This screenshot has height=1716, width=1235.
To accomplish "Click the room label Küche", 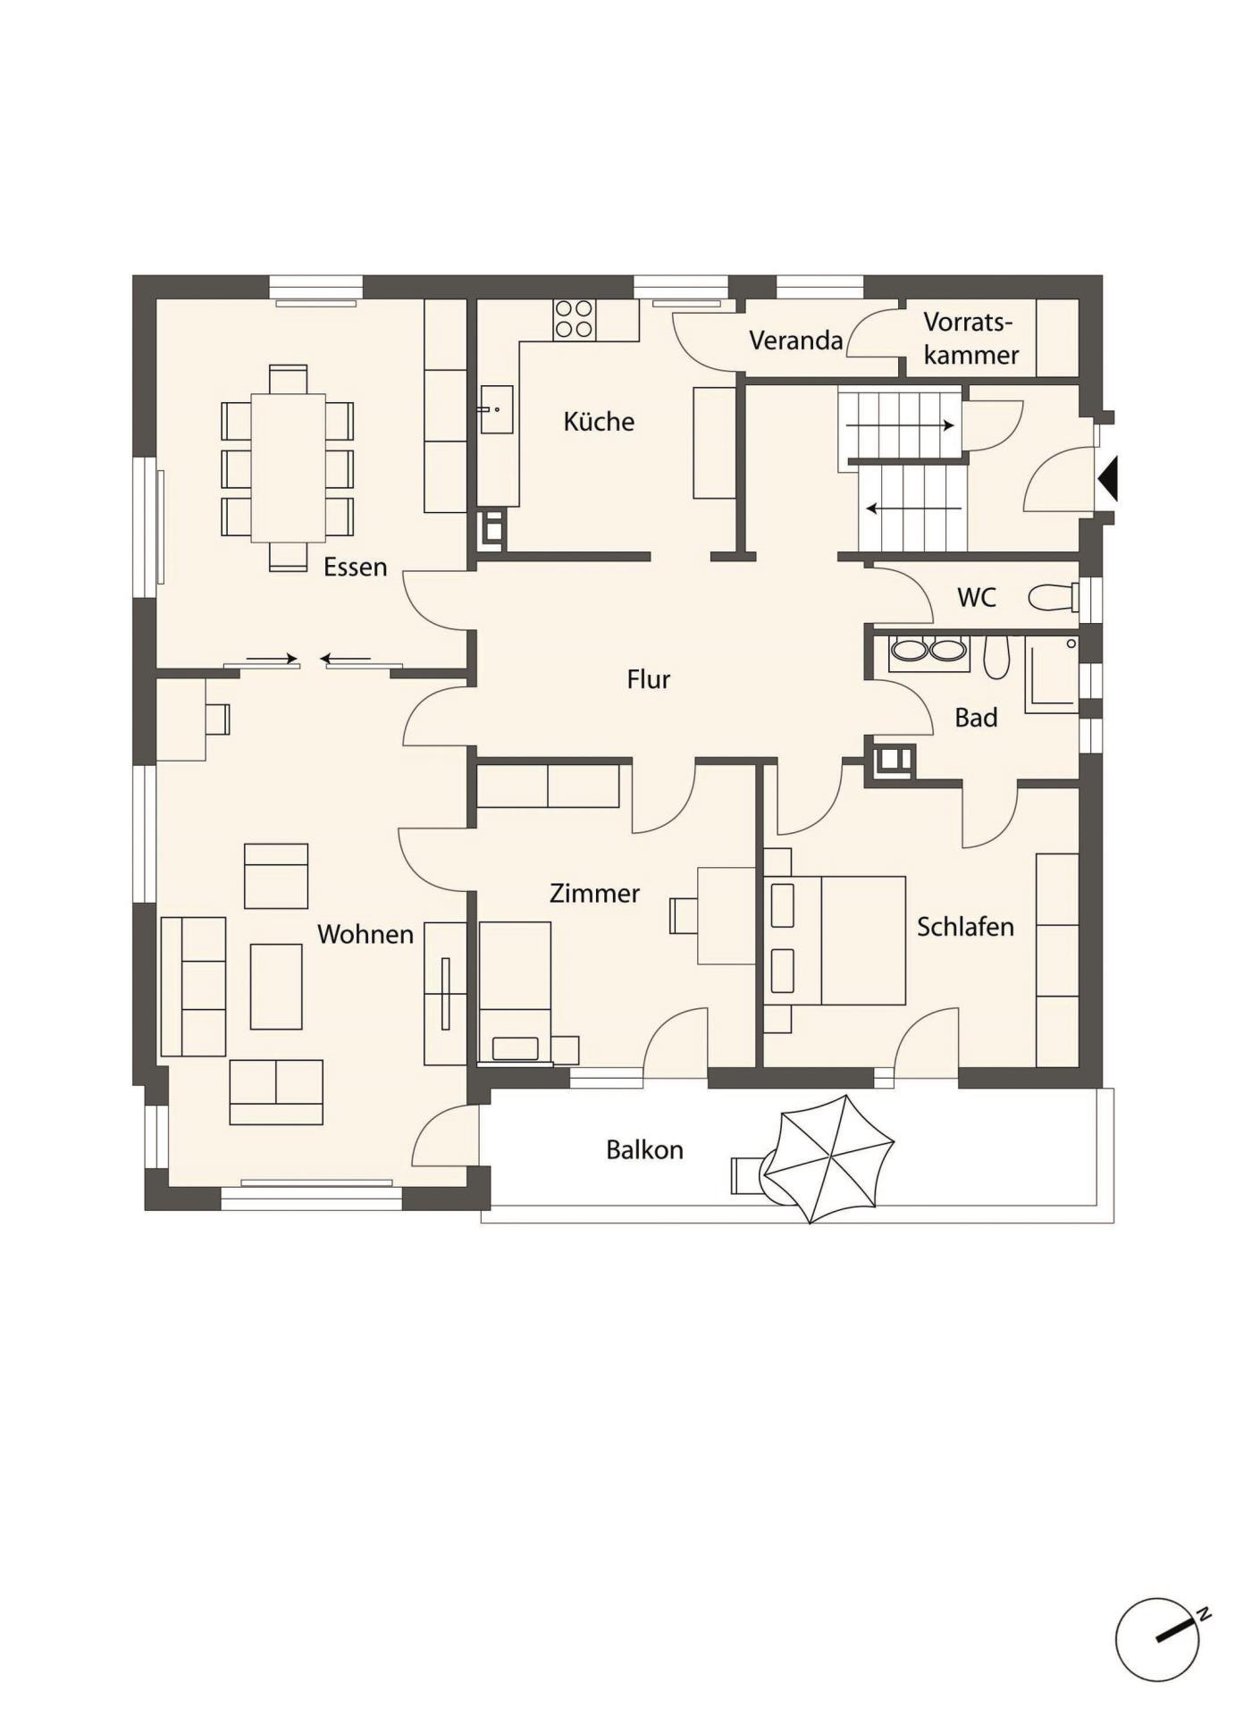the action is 599,421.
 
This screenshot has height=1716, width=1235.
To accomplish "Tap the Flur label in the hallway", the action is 648,679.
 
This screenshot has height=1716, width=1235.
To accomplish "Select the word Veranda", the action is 795,341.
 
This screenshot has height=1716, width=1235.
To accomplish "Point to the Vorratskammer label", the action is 970,339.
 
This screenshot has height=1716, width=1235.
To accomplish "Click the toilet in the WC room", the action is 1053,597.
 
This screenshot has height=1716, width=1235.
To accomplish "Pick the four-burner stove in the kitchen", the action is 574,319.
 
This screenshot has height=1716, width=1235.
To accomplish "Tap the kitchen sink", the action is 497,409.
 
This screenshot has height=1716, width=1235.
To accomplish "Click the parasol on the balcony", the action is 829,1159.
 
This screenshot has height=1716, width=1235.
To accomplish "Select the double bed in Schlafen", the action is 835,940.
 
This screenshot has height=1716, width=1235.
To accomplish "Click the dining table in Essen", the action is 288,467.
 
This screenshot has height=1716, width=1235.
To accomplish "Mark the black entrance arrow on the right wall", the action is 1108,478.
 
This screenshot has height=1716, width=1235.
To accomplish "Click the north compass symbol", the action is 1160,1639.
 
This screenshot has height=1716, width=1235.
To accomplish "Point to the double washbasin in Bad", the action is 928,652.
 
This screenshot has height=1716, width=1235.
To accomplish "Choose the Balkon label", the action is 644,1149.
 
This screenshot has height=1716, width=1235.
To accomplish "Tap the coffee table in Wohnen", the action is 276,987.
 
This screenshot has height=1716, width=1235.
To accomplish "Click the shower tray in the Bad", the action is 1052,675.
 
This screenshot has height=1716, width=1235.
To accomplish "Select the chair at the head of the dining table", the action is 288,379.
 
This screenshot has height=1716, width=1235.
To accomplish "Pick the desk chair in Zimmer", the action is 683,916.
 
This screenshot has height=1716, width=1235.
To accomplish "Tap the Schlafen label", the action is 965,927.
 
